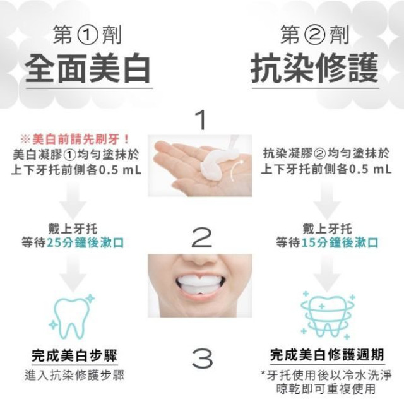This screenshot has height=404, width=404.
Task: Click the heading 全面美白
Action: [x=88, y=69]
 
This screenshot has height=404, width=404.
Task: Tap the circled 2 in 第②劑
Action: [x=314, y=35]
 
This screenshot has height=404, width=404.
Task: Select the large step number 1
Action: [x=201, y=120]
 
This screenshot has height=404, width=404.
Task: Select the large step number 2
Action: [x=201, y=238]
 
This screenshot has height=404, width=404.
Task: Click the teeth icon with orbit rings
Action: [x=326, y=314]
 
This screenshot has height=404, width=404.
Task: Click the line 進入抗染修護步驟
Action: [x=74, y=374]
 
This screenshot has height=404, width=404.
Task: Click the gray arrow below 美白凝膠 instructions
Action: [x=77, y=201]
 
